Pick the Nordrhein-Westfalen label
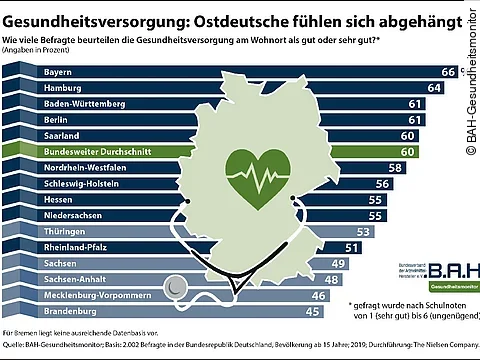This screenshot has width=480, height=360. click(96, 167)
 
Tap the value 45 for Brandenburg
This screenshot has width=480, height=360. click(311, 311)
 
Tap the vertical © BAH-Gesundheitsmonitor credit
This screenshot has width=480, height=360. click(470, 80)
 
